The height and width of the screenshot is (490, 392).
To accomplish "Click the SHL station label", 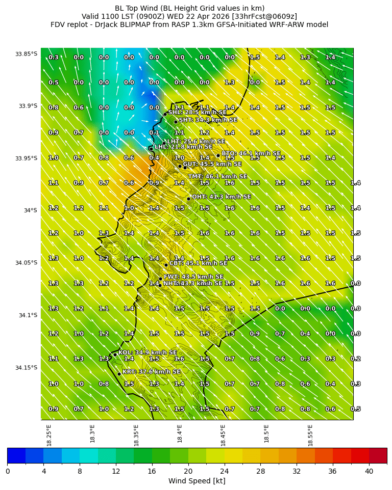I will (x=198, y=113).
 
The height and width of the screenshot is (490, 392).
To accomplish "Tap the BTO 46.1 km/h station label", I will (x=251, y=153).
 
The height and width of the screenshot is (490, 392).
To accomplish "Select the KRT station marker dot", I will (x=119, y=374).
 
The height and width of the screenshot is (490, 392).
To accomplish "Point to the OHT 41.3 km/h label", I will (x=221, y=197).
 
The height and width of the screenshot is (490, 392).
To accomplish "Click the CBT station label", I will (x=198, y=263).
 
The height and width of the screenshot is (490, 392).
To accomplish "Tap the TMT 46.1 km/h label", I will (x=217, y=177).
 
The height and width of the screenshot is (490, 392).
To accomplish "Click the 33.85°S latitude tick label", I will (x=26, y=54).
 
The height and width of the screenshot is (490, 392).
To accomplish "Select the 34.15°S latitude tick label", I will (x=26, y=368).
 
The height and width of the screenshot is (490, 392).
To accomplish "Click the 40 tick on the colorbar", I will (x=369, y=471).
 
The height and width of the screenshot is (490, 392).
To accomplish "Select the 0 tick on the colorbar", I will (x=8, y=471).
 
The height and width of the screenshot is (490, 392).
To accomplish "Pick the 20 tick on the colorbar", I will (x=188, y=471).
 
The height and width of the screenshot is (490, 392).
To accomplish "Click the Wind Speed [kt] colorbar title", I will (x=197, y=481).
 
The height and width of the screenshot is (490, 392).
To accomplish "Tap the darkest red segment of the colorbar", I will (x=378, y=456).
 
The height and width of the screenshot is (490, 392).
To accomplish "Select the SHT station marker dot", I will (x=176, y=122).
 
